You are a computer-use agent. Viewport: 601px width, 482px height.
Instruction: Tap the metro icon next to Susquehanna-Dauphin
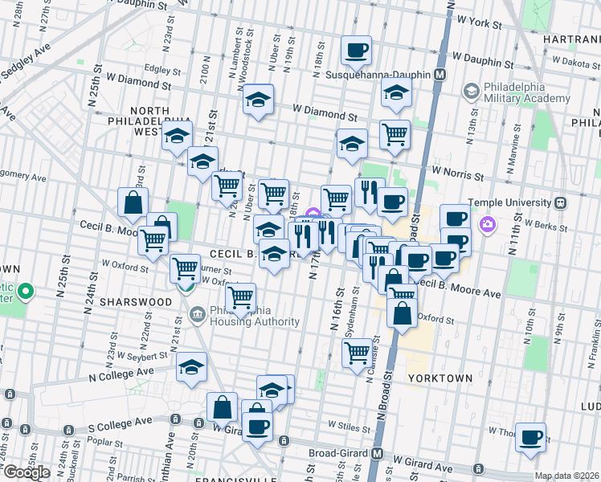click(440, 75)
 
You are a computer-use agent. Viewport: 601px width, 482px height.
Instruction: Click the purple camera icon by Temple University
click(485, 223)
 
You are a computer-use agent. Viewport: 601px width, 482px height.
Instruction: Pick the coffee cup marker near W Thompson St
click(530, 438)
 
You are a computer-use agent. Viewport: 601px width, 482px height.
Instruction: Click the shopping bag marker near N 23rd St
click(133, 204)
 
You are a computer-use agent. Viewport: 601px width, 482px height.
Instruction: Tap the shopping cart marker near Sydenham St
click(357, 353)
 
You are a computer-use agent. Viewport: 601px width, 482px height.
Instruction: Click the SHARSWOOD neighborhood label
click(135, 301)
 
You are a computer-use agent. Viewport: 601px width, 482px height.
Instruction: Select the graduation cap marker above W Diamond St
click(259, 100)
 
